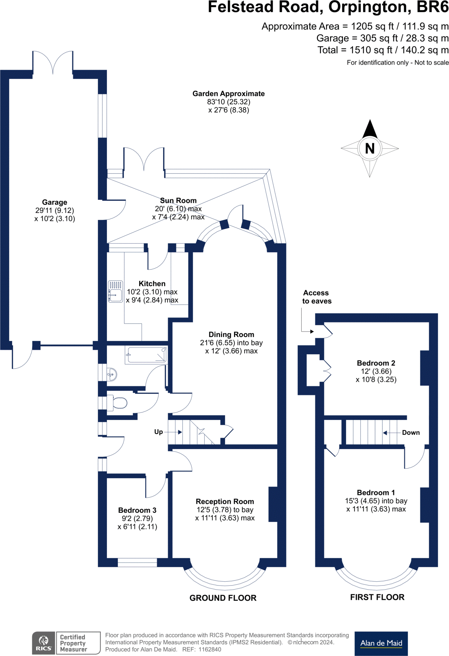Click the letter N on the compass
click(370, 149)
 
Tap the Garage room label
click(54, 202)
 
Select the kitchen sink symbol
click(115, 291)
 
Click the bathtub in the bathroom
click(147, 355)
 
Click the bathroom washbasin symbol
click(111, 374)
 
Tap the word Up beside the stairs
click(159, 432)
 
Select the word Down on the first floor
click(411, 433)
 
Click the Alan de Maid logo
click(381, 643)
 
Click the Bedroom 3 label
click(137, 510)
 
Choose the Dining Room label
click(231, 335)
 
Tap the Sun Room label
click(178, 201)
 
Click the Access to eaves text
click(316, 297)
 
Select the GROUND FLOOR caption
click(223, 598)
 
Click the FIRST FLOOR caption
click(377, 597)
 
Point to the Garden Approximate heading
click(228, 94)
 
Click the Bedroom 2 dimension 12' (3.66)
click(376, 372)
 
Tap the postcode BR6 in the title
click(432, 7)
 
